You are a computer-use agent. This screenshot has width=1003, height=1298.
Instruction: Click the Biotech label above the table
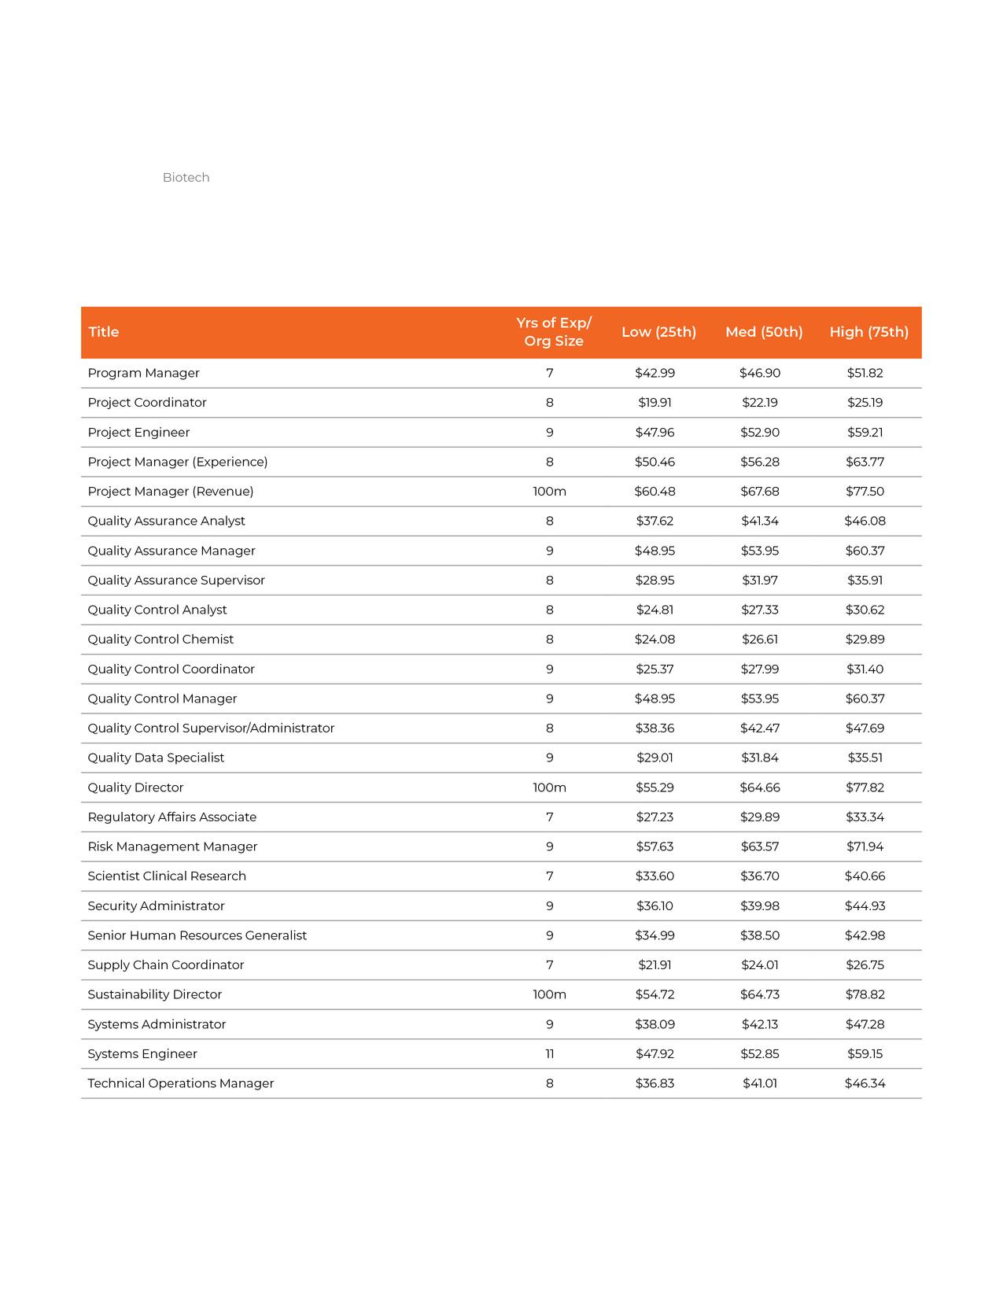(186, 178)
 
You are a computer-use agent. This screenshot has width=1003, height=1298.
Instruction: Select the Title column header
(104, 332)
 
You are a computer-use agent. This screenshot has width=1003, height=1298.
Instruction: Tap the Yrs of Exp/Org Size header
(554, 332)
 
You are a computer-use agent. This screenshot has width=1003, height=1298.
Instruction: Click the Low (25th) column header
(658, 332)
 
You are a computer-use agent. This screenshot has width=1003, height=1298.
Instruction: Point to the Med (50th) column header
(764, 332)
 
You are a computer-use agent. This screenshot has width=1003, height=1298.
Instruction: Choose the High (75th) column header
(868, 332)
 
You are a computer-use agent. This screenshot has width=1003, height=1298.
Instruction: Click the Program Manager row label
(143, 373)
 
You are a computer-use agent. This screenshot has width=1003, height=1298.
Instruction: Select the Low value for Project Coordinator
(655, 403)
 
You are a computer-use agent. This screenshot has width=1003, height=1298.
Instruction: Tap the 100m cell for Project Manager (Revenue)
(549, 492)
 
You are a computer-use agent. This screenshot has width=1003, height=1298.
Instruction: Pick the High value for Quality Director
(865, 787)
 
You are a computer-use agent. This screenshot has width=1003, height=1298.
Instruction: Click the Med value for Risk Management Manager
(760, 846)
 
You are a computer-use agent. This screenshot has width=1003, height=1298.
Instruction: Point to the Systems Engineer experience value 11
(549, 1054)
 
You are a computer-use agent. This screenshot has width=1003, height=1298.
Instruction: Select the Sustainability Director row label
(155, 994)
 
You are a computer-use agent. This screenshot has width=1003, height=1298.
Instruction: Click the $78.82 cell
(865, 994)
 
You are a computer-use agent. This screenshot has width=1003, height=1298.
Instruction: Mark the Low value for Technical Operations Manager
(655, 1083)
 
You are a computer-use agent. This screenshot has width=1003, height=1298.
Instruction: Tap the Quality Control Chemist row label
(160, 640)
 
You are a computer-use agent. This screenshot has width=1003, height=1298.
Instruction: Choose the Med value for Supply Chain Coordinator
(760, 965)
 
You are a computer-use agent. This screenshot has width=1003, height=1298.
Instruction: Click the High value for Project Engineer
(865, 433)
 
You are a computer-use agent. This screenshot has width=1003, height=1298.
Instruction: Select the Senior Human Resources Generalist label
(197, 935)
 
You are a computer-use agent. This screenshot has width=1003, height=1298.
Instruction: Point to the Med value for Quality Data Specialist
(760, 758)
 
